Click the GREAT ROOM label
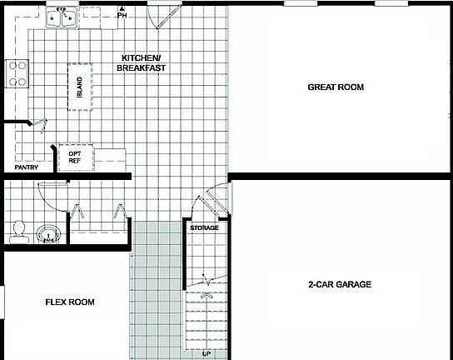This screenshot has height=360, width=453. pos(336,87)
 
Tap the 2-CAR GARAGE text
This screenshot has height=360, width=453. pos(340,284)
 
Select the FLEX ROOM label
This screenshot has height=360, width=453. pos(69,302)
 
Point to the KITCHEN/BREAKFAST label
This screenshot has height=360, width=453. pos(139,62)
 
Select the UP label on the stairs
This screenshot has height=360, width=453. pos(207,353)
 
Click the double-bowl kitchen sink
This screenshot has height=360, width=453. pos(63,17)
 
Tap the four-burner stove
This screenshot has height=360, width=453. pos(16,73)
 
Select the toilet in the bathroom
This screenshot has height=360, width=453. pos(17,230)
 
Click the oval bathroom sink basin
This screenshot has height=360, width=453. pos(49,234)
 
